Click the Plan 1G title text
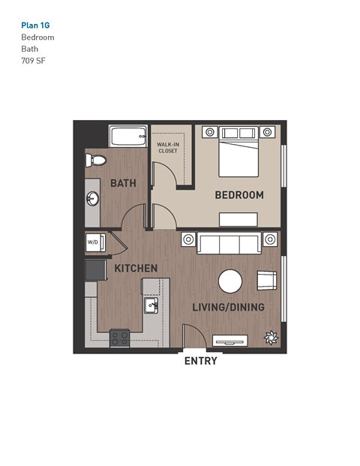(x=37, y=24)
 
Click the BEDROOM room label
(x=239, y=195)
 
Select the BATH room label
(x=122, y=183)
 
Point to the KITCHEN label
(x=136, y=268)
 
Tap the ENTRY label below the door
(x=200, y=361)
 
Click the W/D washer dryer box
(x=93, y=242)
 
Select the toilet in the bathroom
(x=94, y=159)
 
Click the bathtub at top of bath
(x=128, y=137)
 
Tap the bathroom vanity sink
(x=93, y=199)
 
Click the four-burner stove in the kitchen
(x=119, y=338)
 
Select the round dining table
(x=230, y=281)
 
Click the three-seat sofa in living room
(x=229, y=243)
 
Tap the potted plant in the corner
(x=269, y=338)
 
